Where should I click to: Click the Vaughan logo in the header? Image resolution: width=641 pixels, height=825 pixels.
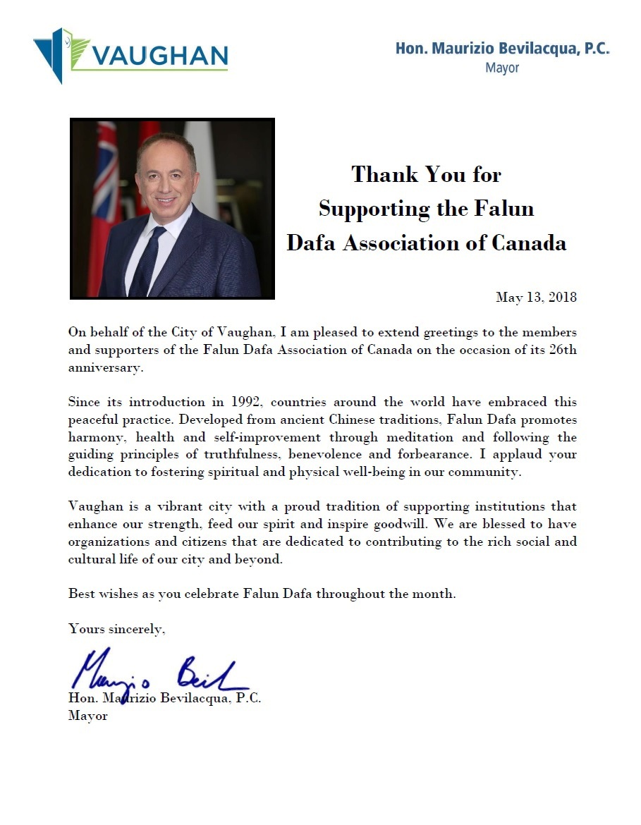[x=130, y=55]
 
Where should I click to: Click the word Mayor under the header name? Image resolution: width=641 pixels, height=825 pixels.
[x=502, y=68]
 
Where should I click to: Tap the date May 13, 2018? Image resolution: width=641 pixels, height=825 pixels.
[x=536, y=297]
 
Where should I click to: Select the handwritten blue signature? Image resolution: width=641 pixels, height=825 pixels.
[x=159, y=673]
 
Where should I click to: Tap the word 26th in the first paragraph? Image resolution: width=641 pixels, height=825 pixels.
[x=563, y=350]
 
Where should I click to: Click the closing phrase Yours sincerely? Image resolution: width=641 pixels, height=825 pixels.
[x=117, y=628]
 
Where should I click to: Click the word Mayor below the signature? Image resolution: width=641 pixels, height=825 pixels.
[x=88, y=716]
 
